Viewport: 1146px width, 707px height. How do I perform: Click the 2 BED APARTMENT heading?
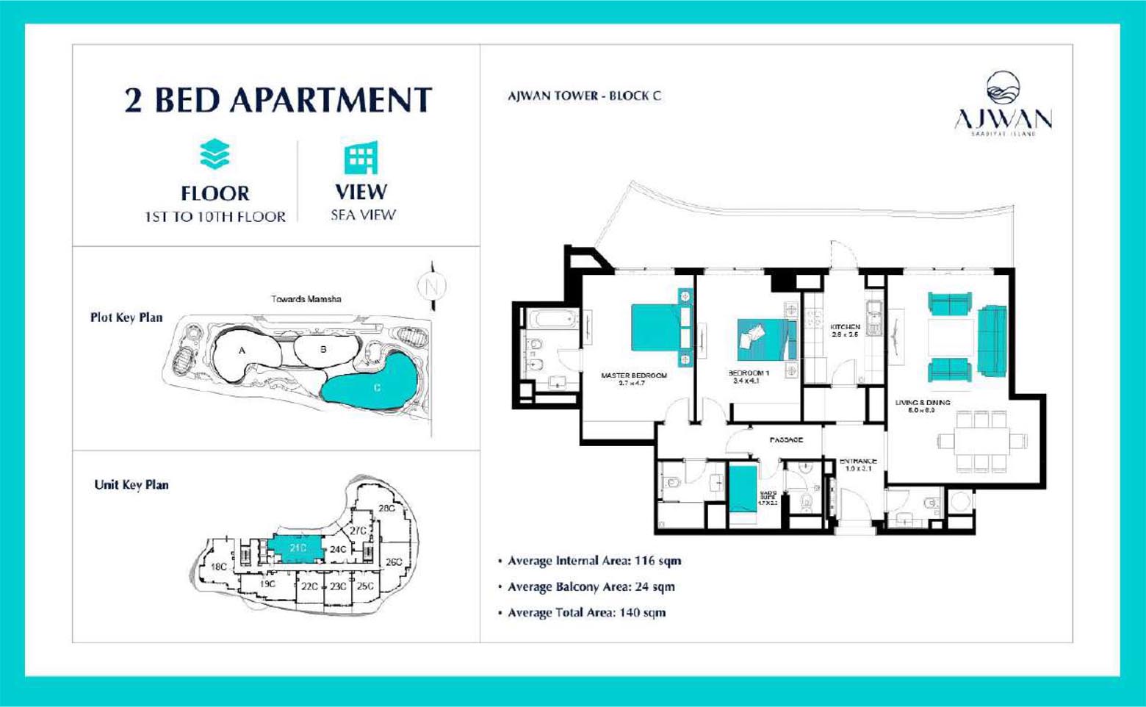click(x=278, y=100)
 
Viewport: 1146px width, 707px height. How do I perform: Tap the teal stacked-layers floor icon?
click(x=215, y=154)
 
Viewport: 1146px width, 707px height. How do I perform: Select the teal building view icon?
click(x=361, y=157)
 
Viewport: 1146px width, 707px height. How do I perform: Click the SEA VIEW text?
click(x=363, y=215)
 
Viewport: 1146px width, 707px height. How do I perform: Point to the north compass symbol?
click(x=432, y=286)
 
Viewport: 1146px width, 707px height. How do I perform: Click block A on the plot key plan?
click(x=242, y=352)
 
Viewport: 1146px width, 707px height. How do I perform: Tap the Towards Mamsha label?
click(x=306, y=299)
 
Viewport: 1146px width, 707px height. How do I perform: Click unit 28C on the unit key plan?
click(x=386, y=508)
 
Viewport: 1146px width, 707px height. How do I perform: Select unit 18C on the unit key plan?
click(x=218, y=567)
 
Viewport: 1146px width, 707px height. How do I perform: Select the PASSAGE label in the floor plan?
click(x=785, y=439)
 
